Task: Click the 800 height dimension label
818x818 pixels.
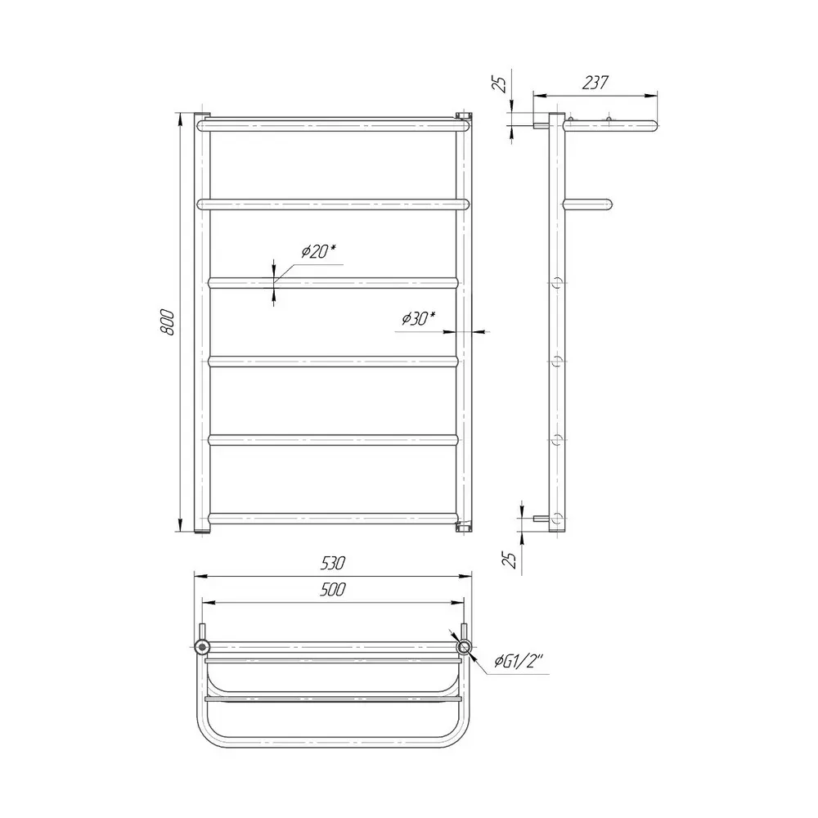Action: [168, 321]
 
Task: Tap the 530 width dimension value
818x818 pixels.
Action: [333, 564]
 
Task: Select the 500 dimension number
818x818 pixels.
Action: [333, 590]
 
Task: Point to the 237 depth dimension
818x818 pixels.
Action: [595, 83]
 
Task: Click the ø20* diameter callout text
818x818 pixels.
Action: [317, 251]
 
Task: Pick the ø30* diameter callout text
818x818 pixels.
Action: [418, 317]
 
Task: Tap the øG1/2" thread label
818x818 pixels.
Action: [519, 662]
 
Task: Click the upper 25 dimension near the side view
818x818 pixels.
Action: [501, 84]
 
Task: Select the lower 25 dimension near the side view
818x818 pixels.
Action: [513, 560]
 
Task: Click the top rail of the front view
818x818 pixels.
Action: [335, 125]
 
